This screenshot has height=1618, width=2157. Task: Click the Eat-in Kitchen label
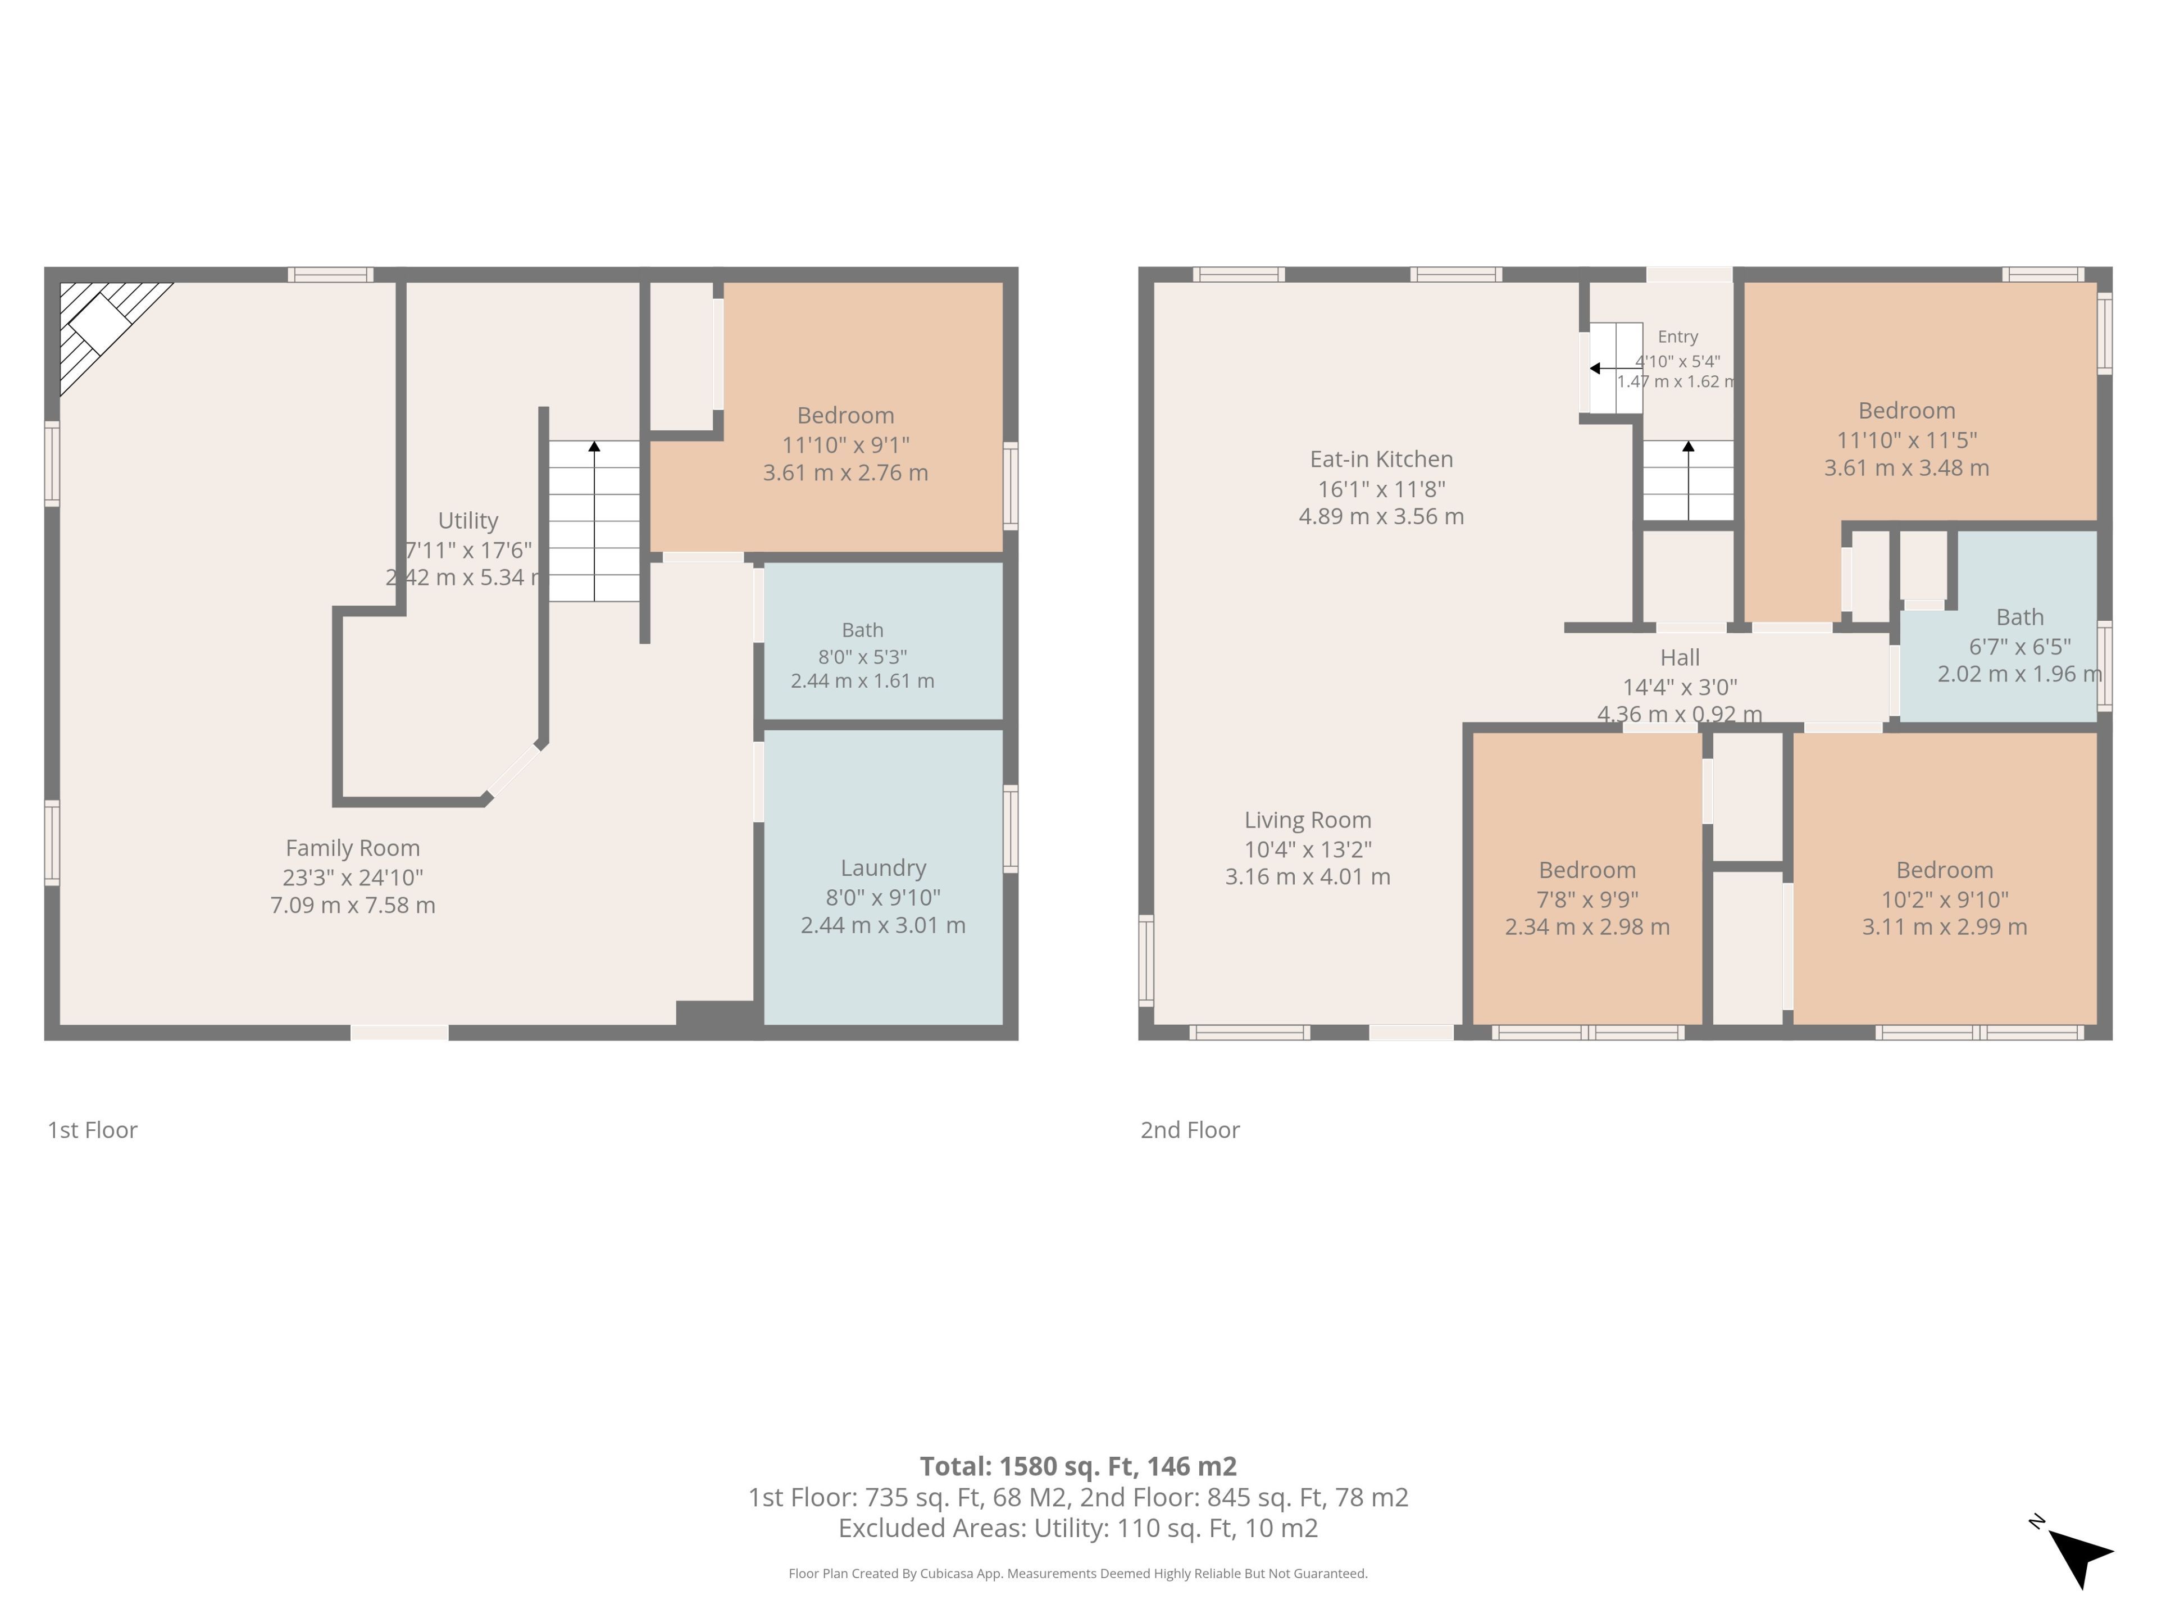coord(1381,460)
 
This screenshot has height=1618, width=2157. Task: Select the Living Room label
coord(1308,820)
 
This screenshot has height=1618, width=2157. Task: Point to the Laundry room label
coord(884,868)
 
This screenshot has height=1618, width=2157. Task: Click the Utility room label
coord(468,521)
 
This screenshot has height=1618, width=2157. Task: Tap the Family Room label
coord(353,848)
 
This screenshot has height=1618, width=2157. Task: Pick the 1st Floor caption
coord(93,1130)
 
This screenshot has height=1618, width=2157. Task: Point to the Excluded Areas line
coord(1078,1528)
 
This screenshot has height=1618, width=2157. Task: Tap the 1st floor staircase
coord(594,521)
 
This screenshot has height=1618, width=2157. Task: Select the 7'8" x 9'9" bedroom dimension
coord(1587,899)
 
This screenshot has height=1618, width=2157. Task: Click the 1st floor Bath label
coord(862,630)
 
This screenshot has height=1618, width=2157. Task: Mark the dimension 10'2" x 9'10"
coord(1945,899)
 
